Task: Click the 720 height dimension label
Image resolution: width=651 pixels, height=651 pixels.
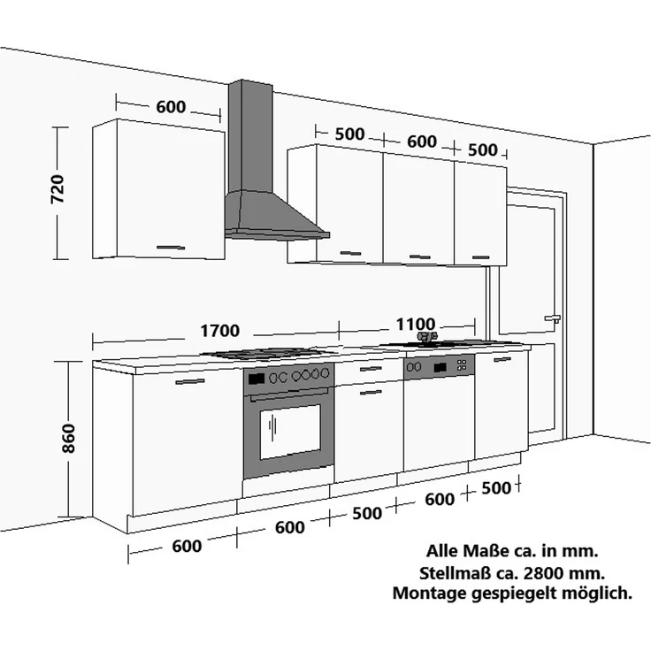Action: [57, 189]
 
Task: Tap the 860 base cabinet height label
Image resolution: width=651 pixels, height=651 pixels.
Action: [68, 439]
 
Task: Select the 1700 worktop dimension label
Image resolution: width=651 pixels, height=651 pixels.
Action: [220, 331]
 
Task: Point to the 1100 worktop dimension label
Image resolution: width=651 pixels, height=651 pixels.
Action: [416, 325]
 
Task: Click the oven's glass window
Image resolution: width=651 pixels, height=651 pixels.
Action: [290, 432]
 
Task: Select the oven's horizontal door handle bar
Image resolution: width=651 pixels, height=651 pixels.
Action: [290, 394]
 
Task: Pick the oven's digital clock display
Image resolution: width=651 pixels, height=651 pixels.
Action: [257, 379]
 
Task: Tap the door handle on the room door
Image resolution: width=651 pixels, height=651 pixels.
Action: [552, 318]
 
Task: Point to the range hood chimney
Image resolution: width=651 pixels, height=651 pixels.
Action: [251, 136]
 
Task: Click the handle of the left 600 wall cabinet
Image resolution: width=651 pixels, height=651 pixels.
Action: [171, 248]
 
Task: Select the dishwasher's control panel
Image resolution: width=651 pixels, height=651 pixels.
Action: [439, 367]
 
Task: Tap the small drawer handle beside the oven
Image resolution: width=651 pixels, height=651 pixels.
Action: [371, 369]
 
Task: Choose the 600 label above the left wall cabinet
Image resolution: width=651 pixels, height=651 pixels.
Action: [171, 107]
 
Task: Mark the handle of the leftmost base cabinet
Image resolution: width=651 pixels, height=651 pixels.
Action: [190, 381]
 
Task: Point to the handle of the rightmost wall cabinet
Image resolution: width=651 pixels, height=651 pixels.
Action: [481, 257]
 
